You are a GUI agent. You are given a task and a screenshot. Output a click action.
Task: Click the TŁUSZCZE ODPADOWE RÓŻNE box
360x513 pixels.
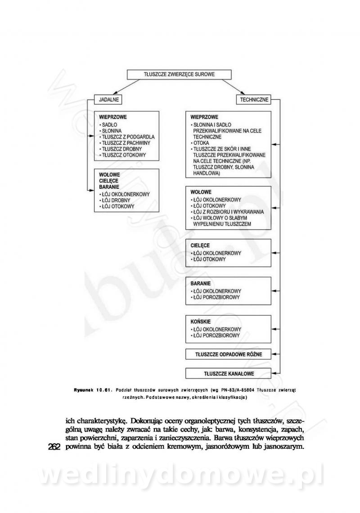228,354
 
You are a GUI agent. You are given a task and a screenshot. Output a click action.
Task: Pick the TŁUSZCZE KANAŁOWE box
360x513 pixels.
228,374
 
